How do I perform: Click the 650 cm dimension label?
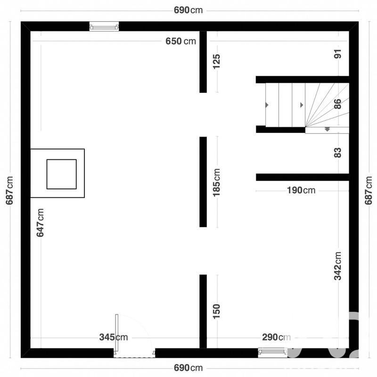(x=180, y=41)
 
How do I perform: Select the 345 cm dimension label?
(x=114, y=337)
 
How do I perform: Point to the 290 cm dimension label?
(x=277, y=337)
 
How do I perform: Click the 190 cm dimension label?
(x=301, y=190)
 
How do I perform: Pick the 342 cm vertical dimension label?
(x=338, y=266)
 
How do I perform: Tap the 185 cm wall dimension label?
(x=216, y=183)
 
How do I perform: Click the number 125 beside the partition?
(x=216, y=62)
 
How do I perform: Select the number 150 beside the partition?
(x=216, y=312)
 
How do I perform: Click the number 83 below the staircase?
(x=337, y=152)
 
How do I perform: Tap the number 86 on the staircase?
(x=337, y=104)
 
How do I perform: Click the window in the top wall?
(x=104, y=27)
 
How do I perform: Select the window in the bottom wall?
(x=272, y=351)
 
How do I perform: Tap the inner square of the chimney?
(x=61, y=173)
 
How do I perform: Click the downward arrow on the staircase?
(x=327, y=129)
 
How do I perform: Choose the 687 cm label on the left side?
(x=9, y=191)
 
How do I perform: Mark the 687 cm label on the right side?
(x=369, y=191)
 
